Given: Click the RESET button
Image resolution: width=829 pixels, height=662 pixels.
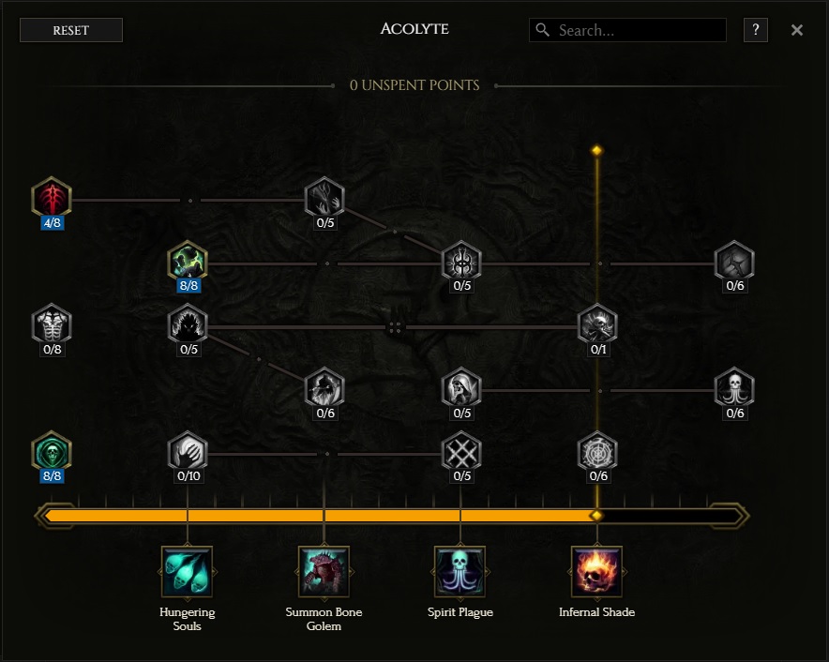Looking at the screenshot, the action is point(71,30).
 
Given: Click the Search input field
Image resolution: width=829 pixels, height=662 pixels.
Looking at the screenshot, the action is point(627,30).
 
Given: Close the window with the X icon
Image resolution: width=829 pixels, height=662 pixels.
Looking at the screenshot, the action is point(797,30).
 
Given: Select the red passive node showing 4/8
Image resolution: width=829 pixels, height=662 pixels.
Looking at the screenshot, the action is point(52,197).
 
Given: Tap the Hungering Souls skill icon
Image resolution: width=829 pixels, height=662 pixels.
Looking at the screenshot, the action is point(188,572).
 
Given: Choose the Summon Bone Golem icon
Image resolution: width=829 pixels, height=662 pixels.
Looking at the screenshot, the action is point(324,572).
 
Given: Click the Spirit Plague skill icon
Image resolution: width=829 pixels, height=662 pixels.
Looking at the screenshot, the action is point(460,572).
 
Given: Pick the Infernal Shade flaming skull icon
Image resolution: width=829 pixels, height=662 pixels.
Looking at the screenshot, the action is point(597,572).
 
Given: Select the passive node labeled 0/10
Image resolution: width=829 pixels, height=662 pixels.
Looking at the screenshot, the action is point(188,452).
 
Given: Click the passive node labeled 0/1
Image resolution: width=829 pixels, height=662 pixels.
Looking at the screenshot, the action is point(597,324).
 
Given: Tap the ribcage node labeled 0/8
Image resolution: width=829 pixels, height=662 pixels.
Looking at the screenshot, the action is point(52,324).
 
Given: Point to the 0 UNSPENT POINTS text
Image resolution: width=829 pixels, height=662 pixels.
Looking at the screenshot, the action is point(414,85).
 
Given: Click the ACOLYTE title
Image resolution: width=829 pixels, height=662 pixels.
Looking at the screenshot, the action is point(414,28).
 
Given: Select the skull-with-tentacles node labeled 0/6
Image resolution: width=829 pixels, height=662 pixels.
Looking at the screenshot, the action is point(734,388).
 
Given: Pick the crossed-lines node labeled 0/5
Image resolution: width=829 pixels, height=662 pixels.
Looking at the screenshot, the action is point(461,452).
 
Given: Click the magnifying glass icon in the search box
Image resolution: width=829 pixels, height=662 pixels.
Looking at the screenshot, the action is point(542,30).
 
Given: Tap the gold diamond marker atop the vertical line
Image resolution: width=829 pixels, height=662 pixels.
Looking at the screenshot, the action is point(597,151).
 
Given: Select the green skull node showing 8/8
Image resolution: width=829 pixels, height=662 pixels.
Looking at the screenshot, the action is point(52,452).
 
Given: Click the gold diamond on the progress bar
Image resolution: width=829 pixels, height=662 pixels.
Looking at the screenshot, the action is point(597,516).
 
